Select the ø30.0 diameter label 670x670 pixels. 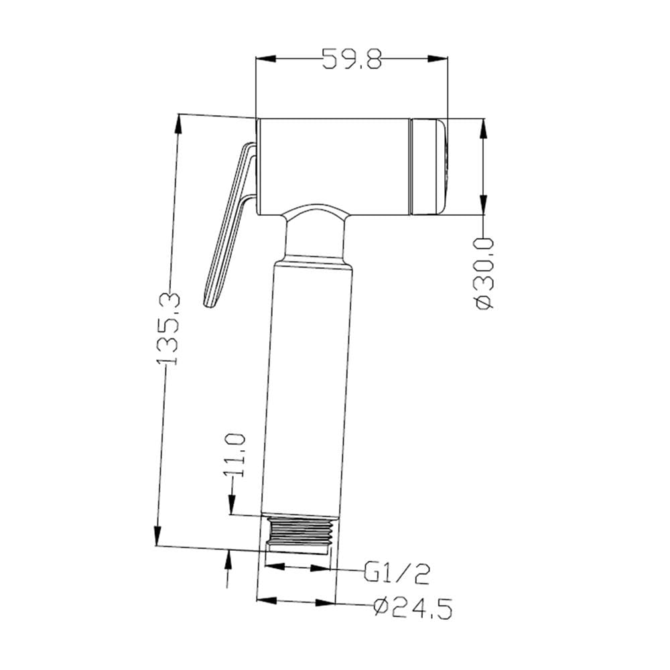point(484,274)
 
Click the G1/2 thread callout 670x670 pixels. point(397,574)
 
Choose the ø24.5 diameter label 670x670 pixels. point(413,608)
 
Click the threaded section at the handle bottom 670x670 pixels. point(298,535)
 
